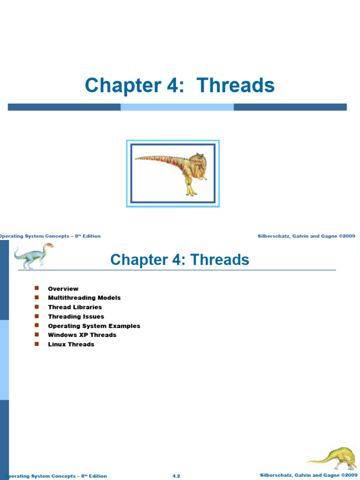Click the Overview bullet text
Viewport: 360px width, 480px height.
(x=63, y=289)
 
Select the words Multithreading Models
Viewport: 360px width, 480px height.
(x=84, y=298)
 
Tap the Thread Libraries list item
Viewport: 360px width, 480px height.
(x=75, y=307)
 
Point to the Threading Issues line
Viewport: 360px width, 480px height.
(x=76, y=316)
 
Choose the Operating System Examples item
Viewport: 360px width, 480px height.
(x=94, y=326)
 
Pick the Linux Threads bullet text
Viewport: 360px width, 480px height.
(x=71, y=344)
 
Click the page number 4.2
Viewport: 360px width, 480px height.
(x=176, y=476)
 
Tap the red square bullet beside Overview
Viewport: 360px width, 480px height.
(x=37, y=288)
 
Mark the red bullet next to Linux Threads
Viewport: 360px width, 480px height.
(x=37, y=344)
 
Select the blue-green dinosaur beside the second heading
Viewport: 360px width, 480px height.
(x=33, y=256)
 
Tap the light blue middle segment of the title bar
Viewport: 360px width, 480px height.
(x=177, y=107)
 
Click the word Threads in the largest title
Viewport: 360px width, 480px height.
(x=235, y=86)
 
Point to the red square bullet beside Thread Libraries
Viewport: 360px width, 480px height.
(x=37, y=307)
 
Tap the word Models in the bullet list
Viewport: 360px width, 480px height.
(x=109, y=298)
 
